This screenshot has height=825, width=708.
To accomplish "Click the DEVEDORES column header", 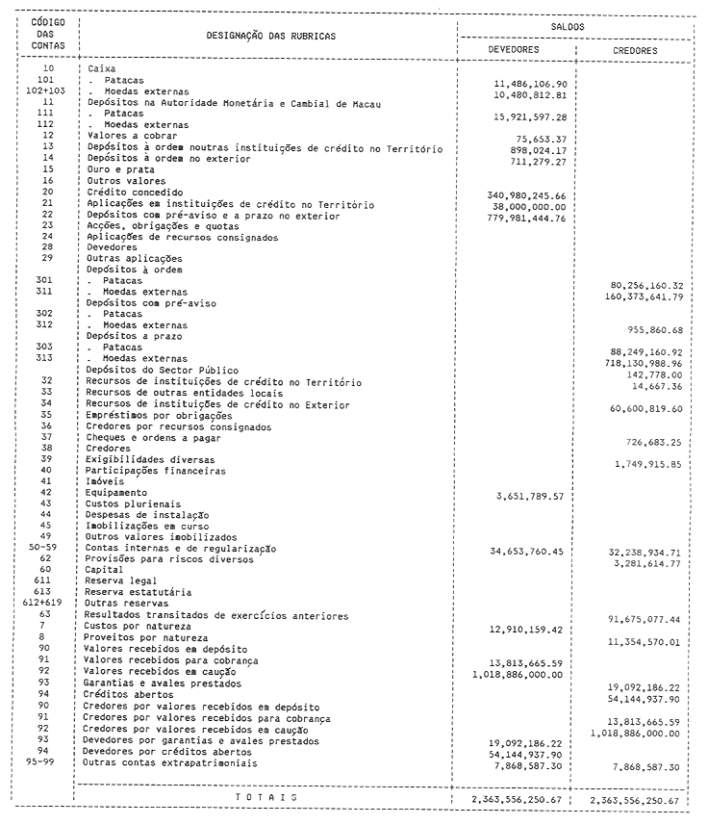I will [513, 49].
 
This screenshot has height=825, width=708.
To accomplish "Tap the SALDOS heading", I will [574, 28].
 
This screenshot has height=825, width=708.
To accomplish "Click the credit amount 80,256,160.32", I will [646, 285].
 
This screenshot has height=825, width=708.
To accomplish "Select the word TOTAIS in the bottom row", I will [265, 798].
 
